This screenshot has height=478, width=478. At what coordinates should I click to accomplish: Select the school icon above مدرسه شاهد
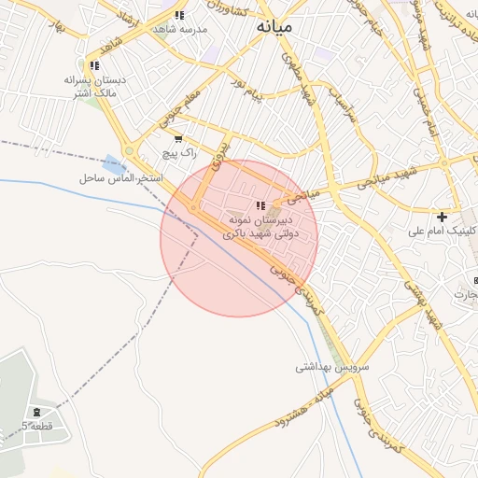point(179,15)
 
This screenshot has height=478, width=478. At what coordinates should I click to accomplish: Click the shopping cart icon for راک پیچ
point(178,138)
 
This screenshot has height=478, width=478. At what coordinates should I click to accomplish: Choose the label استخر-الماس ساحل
point(121,177)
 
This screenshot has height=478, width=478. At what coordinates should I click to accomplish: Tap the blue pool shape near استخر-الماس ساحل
point(113,162)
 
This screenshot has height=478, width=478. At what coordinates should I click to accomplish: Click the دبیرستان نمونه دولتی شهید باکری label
point(262,227)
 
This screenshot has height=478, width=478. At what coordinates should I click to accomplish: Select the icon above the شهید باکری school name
point(260,205)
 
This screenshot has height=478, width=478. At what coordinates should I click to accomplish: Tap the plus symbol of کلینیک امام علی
point(443,217)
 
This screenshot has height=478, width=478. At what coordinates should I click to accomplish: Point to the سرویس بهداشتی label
point(333,367)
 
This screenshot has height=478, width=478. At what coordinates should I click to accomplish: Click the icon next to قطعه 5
point(37,412)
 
